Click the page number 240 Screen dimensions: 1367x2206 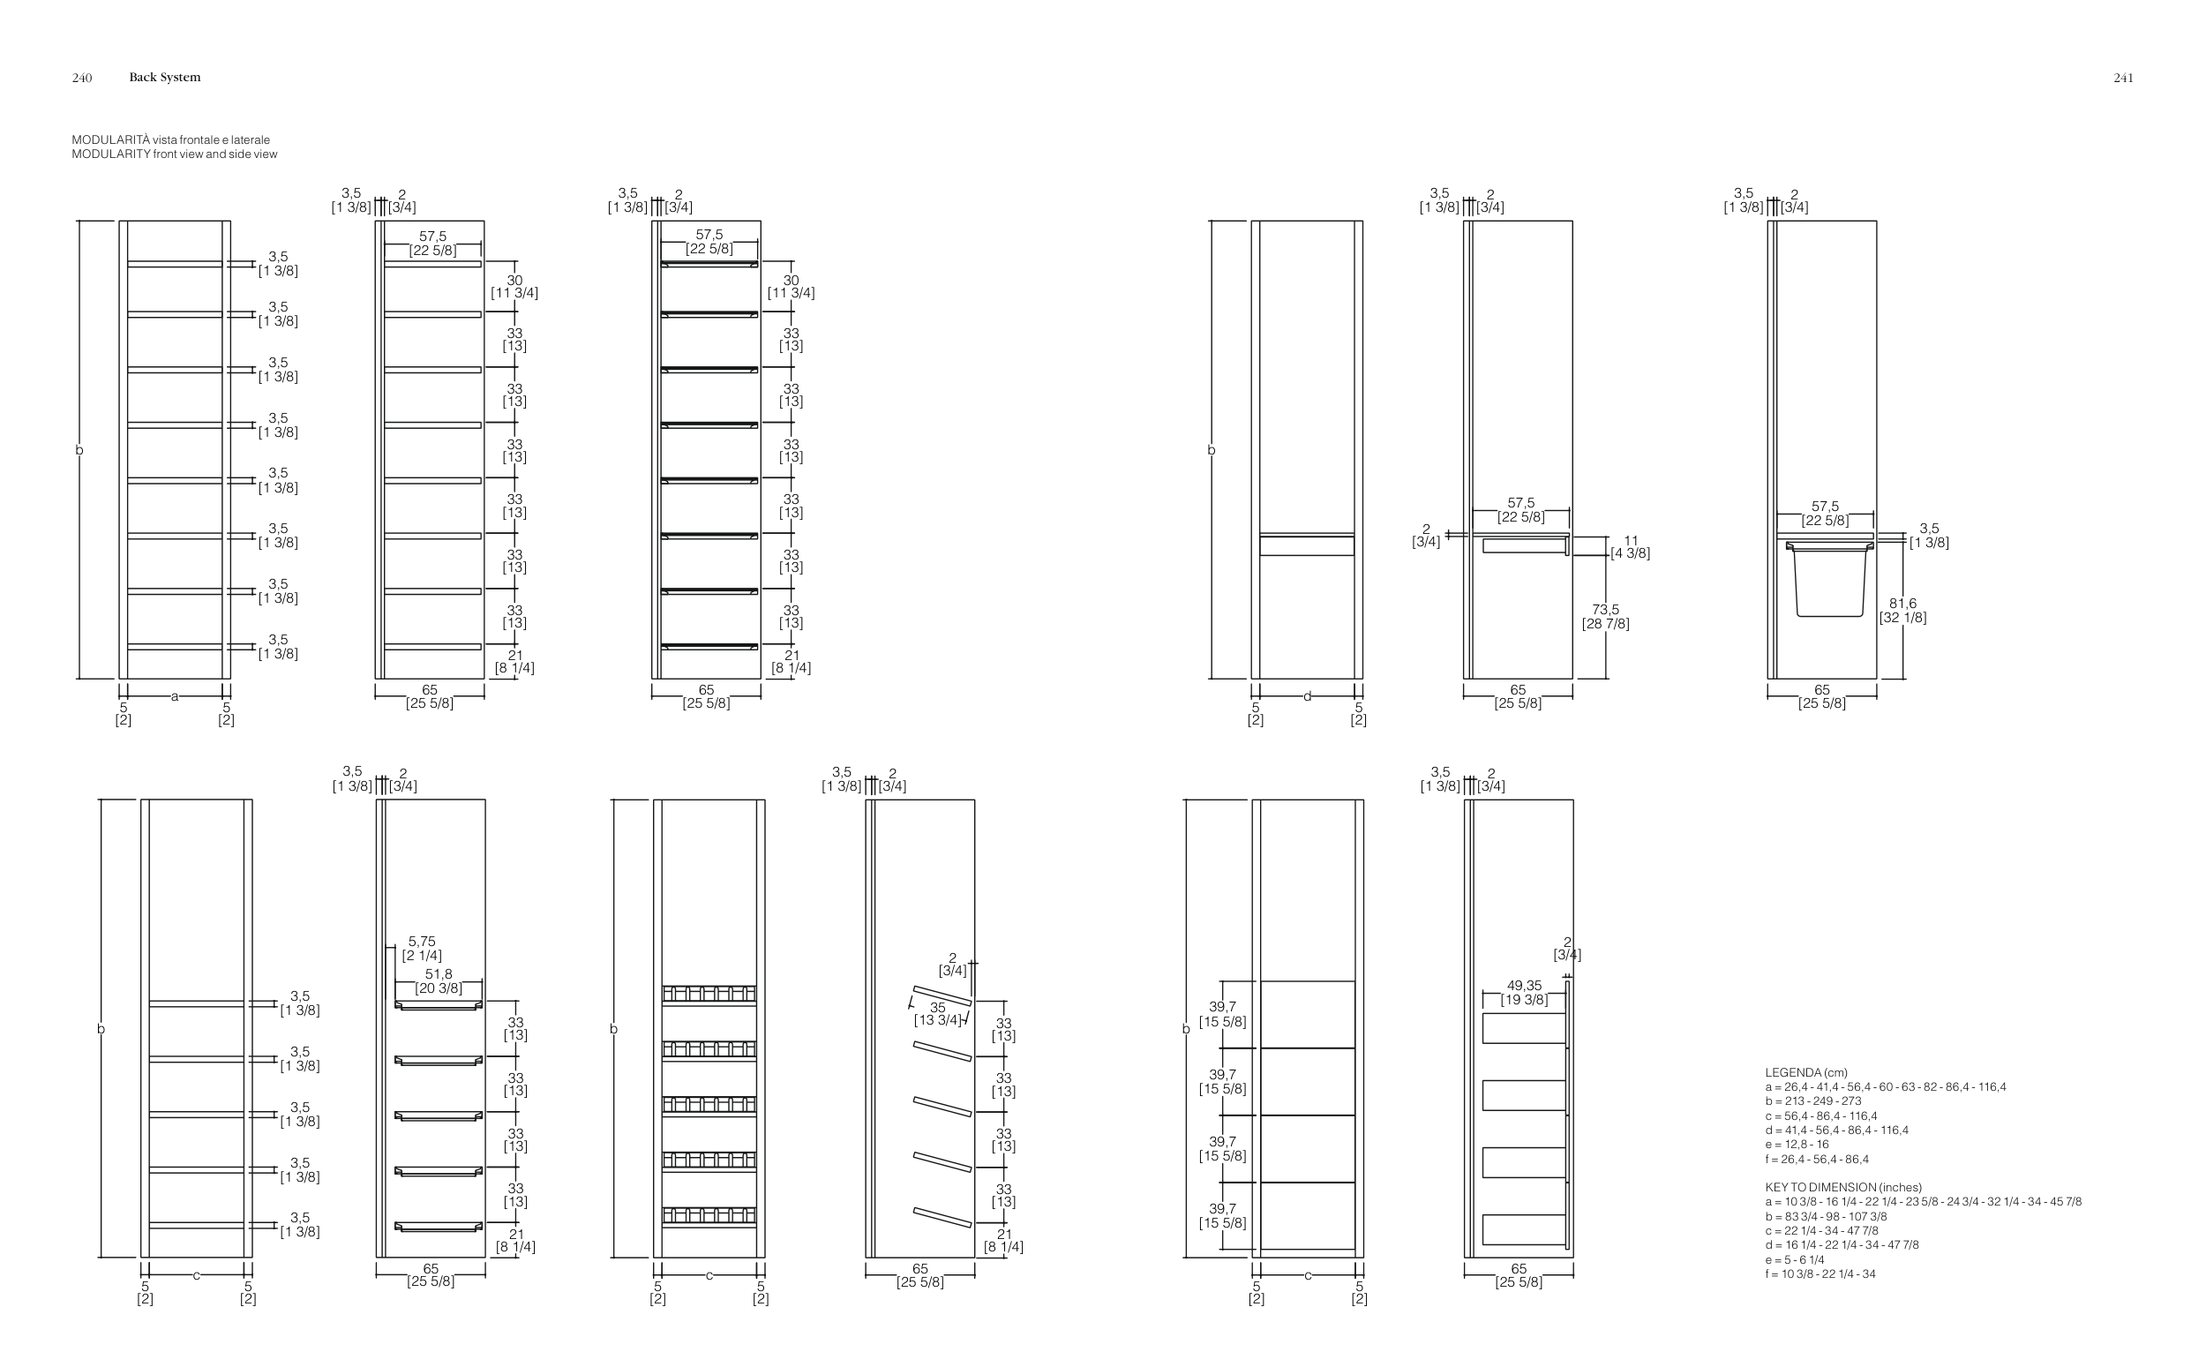coord(81,78)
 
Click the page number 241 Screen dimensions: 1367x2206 coord(2123,78)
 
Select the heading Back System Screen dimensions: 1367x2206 coord(164,78)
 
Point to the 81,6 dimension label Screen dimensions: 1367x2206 coord(1902,603)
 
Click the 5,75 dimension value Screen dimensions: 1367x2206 coord(421,941)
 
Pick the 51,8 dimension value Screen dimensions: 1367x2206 coord(439,973)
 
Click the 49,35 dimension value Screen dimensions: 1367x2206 coord(1524,986)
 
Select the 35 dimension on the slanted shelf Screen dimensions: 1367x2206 coord(937,1007)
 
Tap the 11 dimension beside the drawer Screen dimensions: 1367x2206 coord(1631,540)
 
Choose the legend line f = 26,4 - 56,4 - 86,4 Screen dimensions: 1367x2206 coord(1817,1159)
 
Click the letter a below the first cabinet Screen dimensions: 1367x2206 coord(175,696)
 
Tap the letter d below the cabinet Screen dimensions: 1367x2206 coord(1307,696)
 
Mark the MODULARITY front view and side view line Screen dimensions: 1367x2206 coord(175,154)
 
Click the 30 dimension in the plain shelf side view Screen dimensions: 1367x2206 coord(514,281)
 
